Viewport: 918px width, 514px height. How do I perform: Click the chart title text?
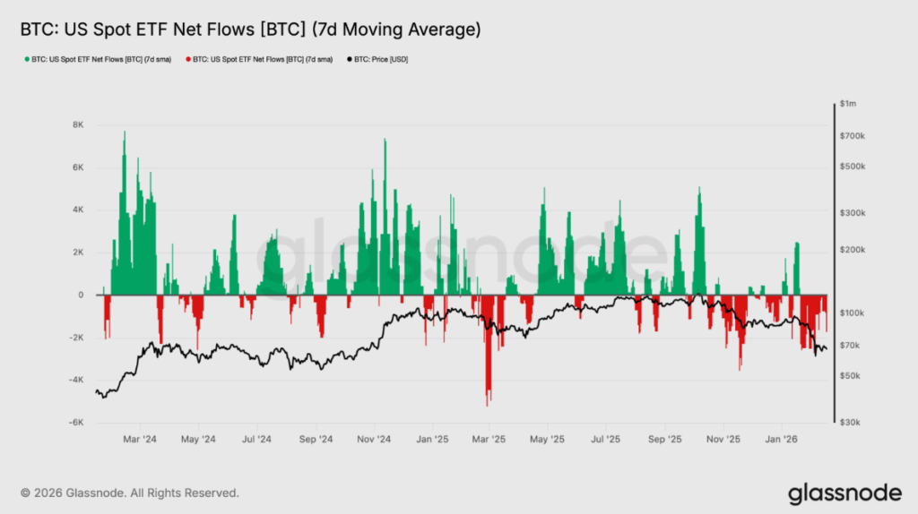pos(250,30)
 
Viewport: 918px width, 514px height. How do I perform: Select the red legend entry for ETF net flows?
pos(259,60)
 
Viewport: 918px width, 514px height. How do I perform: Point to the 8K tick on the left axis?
pos(78,124)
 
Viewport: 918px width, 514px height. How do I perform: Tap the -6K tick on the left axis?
pos(77,423)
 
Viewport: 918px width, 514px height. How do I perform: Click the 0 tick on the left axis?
pos(82,295)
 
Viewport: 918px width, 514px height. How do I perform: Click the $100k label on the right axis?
pos(853,313)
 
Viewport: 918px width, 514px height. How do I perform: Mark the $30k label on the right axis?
pos(851,423)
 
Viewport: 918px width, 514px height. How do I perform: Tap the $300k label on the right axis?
pos(853,213)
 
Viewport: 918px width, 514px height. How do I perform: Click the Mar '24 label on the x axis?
pos(140,440)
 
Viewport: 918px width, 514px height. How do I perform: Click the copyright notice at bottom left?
pos(129,493)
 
